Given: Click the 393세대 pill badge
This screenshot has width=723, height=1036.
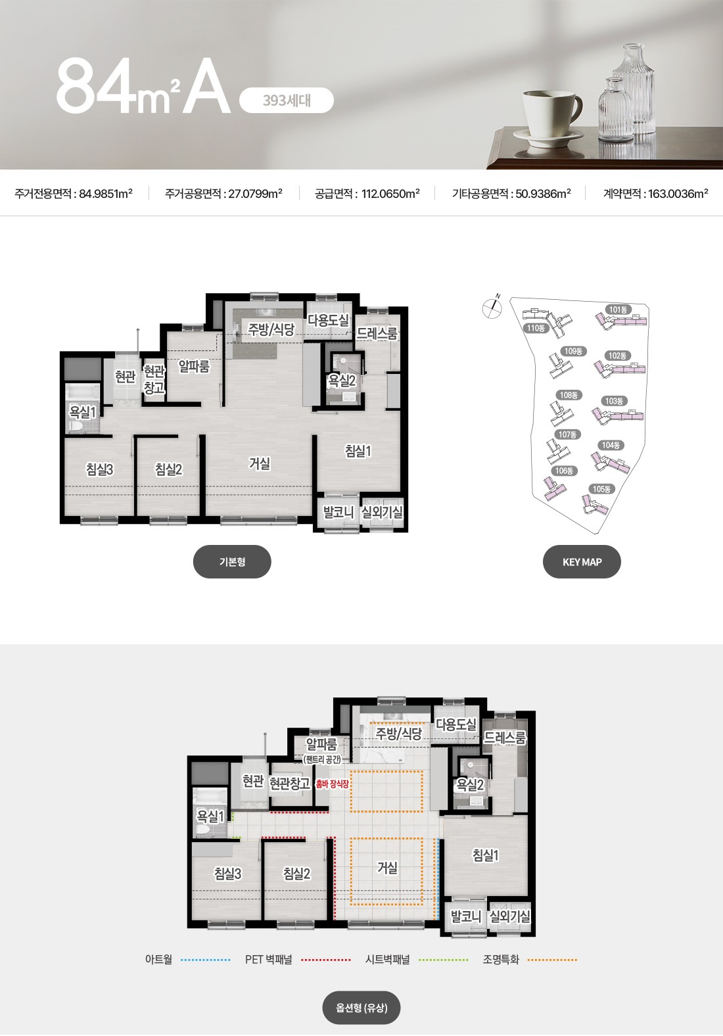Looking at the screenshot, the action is pos(287,101).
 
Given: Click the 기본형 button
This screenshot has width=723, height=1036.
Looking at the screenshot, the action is pos(232,562).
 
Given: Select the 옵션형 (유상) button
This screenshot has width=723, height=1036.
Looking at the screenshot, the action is pos(361,1007).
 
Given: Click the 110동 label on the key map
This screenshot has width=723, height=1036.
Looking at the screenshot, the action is pos(536,329).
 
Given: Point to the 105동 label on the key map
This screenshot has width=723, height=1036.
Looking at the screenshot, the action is pos(601,489).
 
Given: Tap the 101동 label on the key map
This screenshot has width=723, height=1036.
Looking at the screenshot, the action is pos(618,310).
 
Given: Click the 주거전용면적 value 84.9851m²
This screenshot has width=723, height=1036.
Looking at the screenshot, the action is pos(106,193).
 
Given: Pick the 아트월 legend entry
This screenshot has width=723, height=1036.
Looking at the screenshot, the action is pos(188,960).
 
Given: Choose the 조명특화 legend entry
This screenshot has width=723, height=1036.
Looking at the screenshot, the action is pos(530,960).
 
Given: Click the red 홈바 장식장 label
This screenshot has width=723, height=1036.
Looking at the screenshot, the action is pos(332,784).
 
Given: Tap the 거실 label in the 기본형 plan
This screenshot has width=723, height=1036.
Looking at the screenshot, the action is pos(260,463).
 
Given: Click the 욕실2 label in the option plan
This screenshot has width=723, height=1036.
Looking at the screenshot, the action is pos(470,784).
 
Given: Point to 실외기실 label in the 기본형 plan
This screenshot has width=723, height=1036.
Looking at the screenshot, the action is pos(382,512).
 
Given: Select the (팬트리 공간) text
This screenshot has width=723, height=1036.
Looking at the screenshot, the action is pos(322,759).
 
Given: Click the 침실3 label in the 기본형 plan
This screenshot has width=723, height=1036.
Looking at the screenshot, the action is pos(99,469).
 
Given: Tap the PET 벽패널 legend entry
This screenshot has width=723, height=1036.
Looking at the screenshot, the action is pos(298,960).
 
